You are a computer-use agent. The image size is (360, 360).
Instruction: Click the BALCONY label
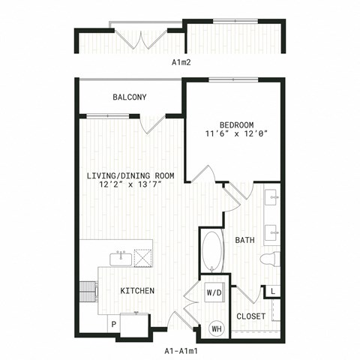click(130, 97)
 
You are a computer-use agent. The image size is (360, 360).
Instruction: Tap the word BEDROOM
click(236, 124)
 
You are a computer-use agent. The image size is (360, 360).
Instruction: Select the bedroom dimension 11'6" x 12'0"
click(236, 133)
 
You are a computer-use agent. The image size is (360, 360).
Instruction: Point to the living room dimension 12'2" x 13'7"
click(130, 184)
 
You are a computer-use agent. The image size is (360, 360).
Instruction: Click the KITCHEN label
click(137, 291)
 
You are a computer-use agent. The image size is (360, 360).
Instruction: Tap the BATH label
click(245, 240)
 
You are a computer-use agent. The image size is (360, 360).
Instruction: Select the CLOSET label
click(250, 316)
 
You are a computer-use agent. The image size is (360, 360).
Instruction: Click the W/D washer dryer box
click(214, 292)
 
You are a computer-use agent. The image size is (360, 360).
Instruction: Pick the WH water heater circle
click(217, 328)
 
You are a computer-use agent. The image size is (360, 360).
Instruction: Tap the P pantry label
click(114, 325)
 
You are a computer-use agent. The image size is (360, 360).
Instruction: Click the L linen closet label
click(273, 292)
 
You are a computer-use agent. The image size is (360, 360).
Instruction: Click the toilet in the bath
click(270, 259)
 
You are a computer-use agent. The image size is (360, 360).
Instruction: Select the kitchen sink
click(121, 259)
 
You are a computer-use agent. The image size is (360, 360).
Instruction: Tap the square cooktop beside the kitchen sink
click(143, 258)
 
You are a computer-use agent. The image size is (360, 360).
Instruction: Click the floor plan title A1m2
click(181, 62)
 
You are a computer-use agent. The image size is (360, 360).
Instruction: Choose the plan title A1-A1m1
click(181, 351)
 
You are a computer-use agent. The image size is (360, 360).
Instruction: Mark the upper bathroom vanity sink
click(271, 197)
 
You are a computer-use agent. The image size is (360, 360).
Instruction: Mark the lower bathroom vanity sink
click(271, 232)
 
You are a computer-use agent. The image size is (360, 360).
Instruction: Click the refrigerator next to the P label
click(135, 325)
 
